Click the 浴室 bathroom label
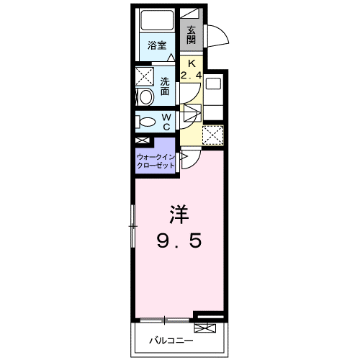coord(157,45)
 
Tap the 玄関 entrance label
coord(192,34)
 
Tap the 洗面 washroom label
coord(165,86)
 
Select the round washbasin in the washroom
coord(144,96)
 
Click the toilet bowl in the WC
coord(143,122)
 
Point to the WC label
coord(166,122)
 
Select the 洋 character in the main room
coord(180,214)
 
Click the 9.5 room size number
coord(180,241)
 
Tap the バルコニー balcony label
coord(170,338)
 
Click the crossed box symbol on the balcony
coord(205,328)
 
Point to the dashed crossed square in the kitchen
coord(213,135)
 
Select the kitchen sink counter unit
coord(215,94)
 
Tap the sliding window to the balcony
coord(166,319)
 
